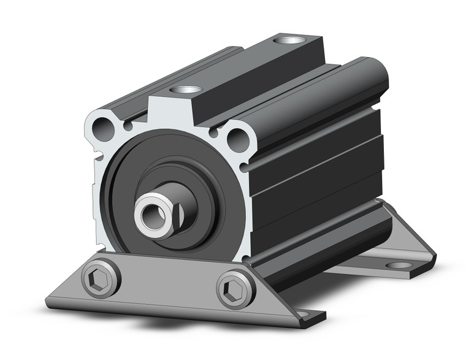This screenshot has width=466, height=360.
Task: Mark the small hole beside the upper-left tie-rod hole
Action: point(127,126)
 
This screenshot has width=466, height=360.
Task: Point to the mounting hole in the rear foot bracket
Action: point(399,265)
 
